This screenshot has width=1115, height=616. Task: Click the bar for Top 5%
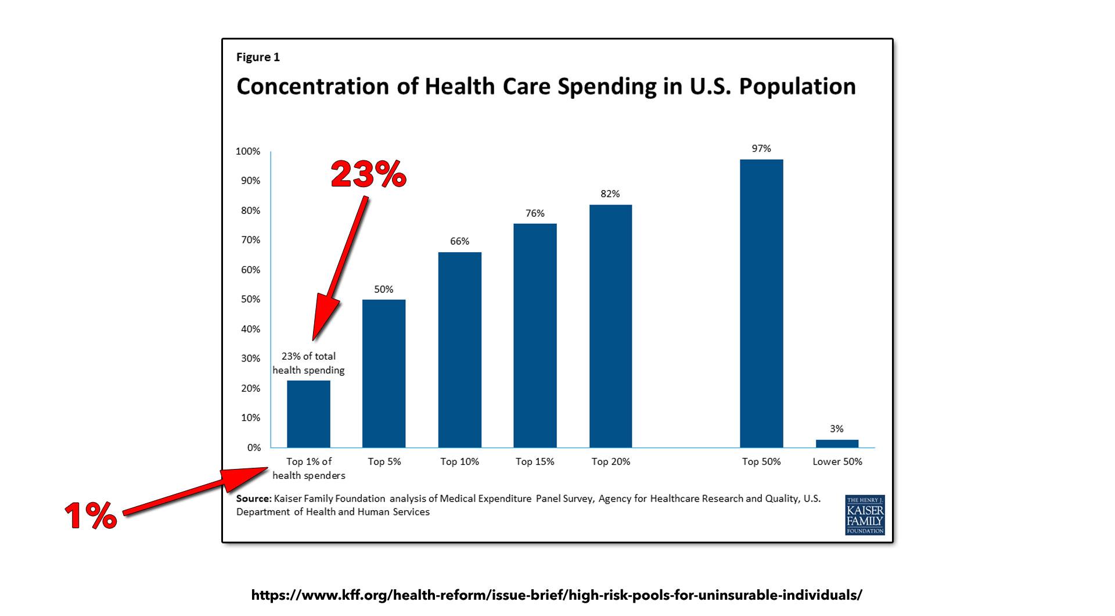(384, 373)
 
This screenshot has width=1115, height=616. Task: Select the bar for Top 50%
(761, 303)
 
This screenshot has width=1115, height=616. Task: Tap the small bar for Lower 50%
(837, 443)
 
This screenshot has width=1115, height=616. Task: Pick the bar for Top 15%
(535, 335)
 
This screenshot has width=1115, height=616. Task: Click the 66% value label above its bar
(459, 241)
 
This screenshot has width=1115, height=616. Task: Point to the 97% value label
(761, 149)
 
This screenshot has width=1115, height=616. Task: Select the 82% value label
(610, 194)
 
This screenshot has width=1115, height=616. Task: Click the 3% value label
(837, 429)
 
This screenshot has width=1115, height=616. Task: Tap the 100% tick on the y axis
(248, 152)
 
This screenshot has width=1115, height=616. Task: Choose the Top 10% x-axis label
(459, 461)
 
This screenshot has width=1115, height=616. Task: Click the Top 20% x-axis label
(611, 461)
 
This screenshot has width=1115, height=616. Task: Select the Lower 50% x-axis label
(837, 461)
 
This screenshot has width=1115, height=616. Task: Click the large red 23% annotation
(368, 174)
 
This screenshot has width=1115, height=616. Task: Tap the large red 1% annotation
(90, 515)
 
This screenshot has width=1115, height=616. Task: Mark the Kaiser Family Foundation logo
(865, 515)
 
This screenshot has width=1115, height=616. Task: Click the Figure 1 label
(258, 57)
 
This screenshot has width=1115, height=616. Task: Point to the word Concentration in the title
(312, 86)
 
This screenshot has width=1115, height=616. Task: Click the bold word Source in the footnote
(253, 499)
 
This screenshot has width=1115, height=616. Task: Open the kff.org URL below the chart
(557, 595)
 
